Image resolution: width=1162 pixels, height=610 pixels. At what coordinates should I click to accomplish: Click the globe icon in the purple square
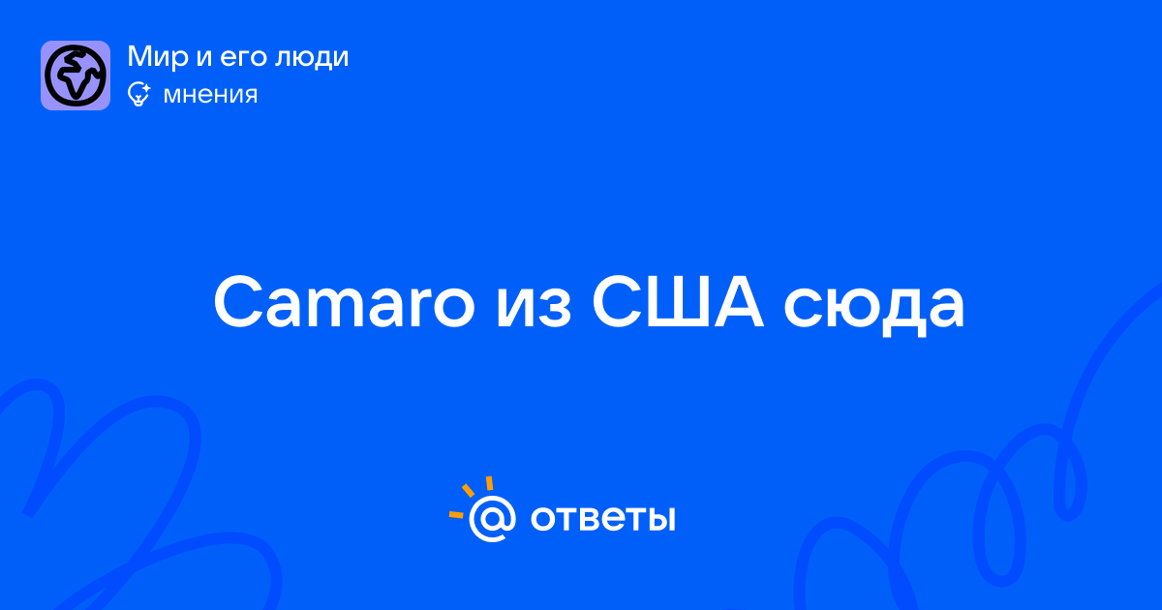click(76, 76)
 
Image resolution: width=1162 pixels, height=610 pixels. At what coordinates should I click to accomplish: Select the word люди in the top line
click(311, 57)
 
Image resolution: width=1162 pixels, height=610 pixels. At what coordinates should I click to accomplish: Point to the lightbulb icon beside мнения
click(138, 94)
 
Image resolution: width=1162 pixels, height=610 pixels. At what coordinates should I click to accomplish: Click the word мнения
click(210, 95)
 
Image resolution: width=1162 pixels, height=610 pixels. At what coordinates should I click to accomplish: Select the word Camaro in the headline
click(344, 302)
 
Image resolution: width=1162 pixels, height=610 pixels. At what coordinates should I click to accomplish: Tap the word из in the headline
click(534, 310)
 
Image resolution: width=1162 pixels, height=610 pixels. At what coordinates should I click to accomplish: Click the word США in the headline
click(678, 302)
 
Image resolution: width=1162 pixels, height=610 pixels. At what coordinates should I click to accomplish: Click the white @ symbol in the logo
click(492, 519)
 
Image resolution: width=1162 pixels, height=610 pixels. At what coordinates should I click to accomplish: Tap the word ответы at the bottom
click(602, 519)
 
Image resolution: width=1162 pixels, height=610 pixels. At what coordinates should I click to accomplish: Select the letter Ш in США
click(682, 303)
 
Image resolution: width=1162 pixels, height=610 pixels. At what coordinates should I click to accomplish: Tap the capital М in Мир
click(141, 56)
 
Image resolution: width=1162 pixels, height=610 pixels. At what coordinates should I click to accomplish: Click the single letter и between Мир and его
click(204, 59)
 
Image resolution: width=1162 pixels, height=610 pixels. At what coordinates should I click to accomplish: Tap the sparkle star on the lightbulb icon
click(146, 88)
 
